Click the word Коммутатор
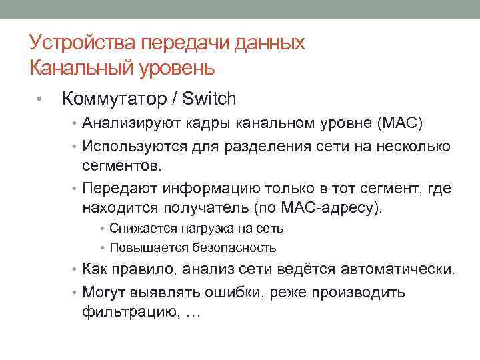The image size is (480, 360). tap(113, 99)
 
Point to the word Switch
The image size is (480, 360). tap(209, 99)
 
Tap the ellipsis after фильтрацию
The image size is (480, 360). tap(191, 312)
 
